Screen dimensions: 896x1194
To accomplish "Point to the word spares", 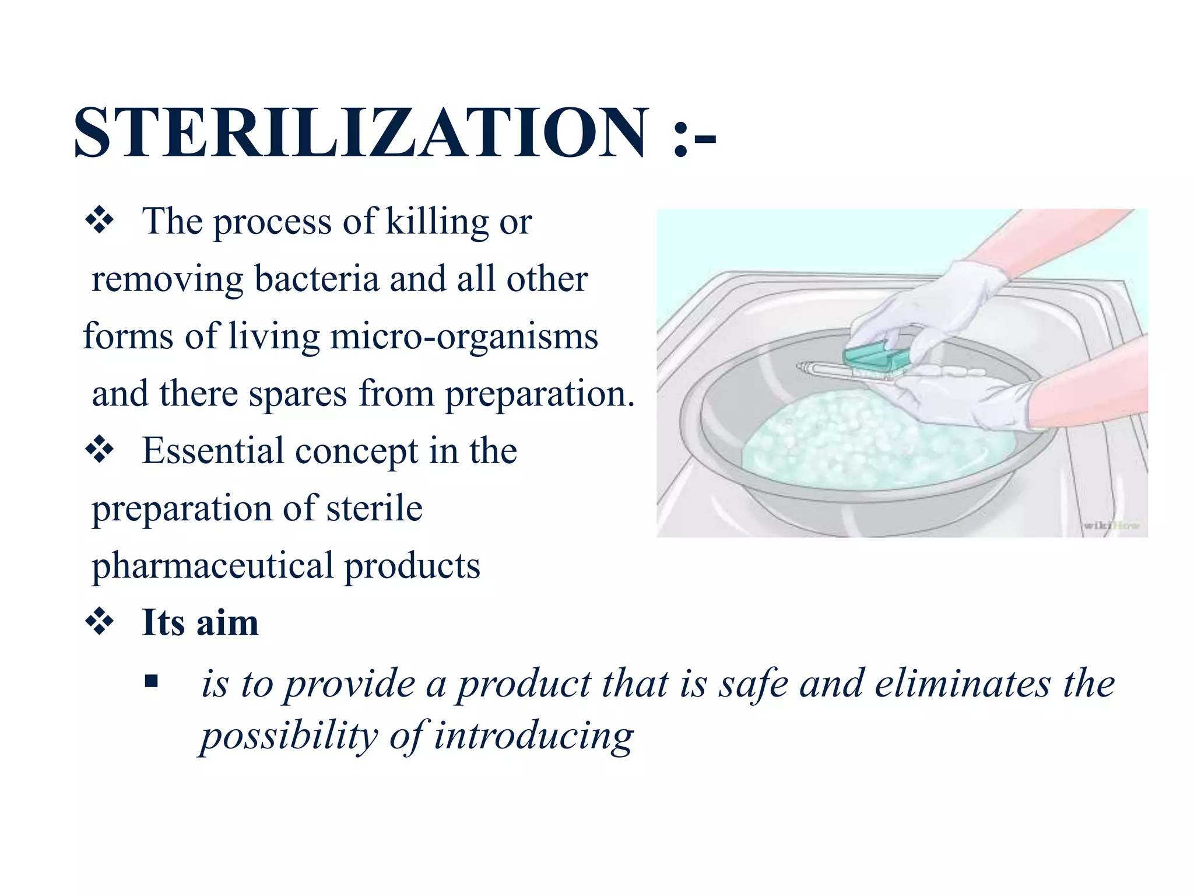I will pyautogui.click(x=298, y=394).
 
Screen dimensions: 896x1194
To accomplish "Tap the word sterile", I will pyautogui.click(x=374, y=509).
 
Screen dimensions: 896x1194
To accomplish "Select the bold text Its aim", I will pyautogui.click(x=200, y=622).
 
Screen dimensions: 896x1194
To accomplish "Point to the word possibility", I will pyautogui.click(x=289, y=736).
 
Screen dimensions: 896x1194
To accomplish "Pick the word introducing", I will pyautogui.click(x=533, y=736).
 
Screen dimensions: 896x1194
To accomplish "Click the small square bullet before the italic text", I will pyautogui.click(x=152, y=681).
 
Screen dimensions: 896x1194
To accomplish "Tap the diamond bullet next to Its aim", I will pyautogui.click(x=100, y=622).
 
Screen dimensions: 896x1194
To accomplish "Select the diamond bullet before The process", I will pyautogui.click(x=100, y=221).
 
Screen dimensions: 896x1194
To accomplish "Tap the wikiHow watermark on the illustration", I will pyautogui.click(x=1111, y=526).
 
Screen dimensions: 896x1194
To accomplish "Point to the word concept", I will pyautogui.click(x=357, y=451).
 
